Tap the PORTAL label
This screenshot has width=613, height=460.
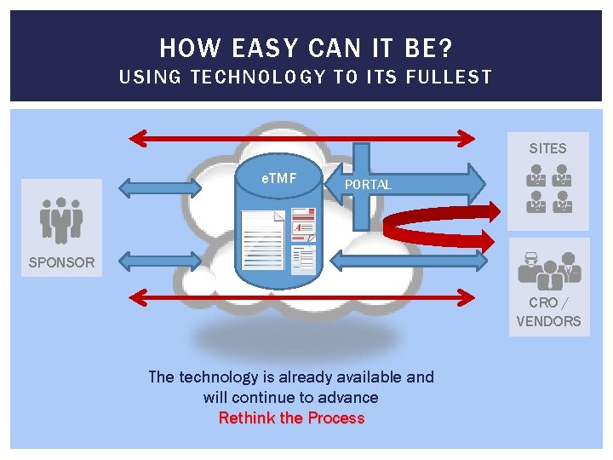368,185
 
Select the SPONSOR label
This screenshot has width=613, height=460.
61,262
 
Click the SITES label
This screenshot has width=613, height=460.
547,148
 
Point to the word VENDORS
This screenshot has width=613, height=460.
548,321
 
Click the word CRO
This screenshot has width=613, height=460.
542,302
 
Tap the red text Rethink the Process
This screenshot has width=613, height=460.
291,418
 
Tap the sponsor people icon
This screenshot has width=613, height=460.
61,220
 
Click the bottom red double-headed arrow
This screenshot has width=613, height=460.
302,296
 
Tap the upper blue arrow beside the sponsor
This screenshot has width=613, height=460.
149,186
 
